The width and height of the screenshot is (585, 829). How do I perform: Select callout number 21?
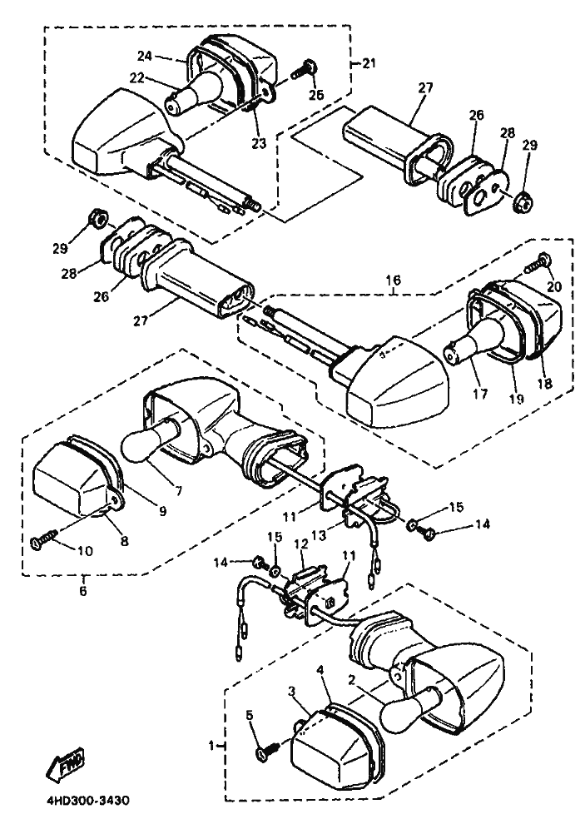pyautogui.click(x=369, y=64)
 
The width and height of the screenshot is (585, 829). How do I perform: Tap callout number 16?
pyautogui.click(x=394, y=280)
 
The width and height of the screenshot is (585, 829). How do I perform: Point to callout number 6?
pyautogui.click(x=83, y=591)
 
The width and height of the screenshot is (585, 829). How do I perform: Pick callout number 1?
pyautogui.click(x=211, y=746)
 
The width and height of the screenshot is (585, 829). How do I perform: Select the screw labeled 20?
pyautogui.click(x=538, y=265)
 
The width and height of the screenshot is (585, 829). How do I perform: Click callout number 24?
pyautogui.click(x=145, y=56)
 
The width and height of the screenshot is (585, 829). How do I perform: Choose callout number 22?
pyautogui.click(x=136, y=77)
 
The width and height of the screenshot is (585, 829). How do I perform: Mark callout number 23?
pyautogui.click(x=260, y=143)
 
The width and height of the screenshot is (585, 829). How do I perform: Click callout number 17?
pyautogui.click(x=481, y=394)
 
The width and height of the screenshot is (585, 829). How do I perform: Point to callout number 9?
pyautogui.click(x=162, y=511)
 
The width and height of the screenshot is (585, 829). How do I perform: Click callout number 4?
pyautogui.click(x=320, y=670)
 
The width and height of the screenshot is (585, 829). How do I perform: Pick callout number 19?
pyautogui.click(x=517, y=400)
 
